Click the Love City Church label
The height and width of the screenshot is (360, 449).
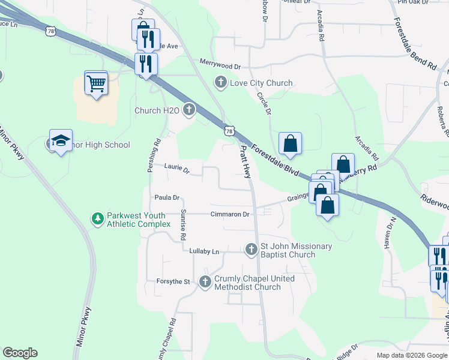pyautogui.click(x=261, y=83)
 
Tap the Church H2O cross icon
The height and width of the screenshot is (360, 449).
pyautogui.click(x=190, y=110)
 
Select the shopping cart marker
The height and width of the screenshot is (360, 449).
pyautogui.click(x=96, y=84)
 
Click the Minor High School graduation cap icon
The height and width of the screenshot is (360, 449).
pyautogui.click(x=61, y=141)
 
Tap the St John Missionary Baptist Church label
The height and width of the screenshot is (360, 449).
pyautogui.click(x=295, y=251)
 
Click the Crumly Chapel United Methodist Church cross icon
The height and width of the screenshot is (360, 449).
pyautogui.click(x=205, y=282)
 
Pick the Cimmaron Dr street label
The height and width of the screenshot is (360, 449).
pyautogui.click(x=229, y=214)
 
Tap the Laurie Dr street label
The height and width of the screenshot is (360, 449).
pyautogui.click(x=177, y=170)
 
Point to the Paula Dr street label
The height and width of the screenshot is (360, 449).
pyautogui.click(x=167, y=197)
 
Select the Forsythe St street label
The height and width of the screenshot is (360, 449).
pyautogui.click(x=173, y=281)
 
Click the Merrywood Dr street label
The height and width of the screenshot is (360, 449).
pyautogui.click(x=220, y=67)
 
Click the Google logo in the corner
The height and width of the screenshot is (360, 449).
pyautogui.click(x=20, y=353)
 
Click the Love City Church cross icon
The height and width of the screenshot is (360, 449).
pyautogui.click(x=221, y=83)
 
